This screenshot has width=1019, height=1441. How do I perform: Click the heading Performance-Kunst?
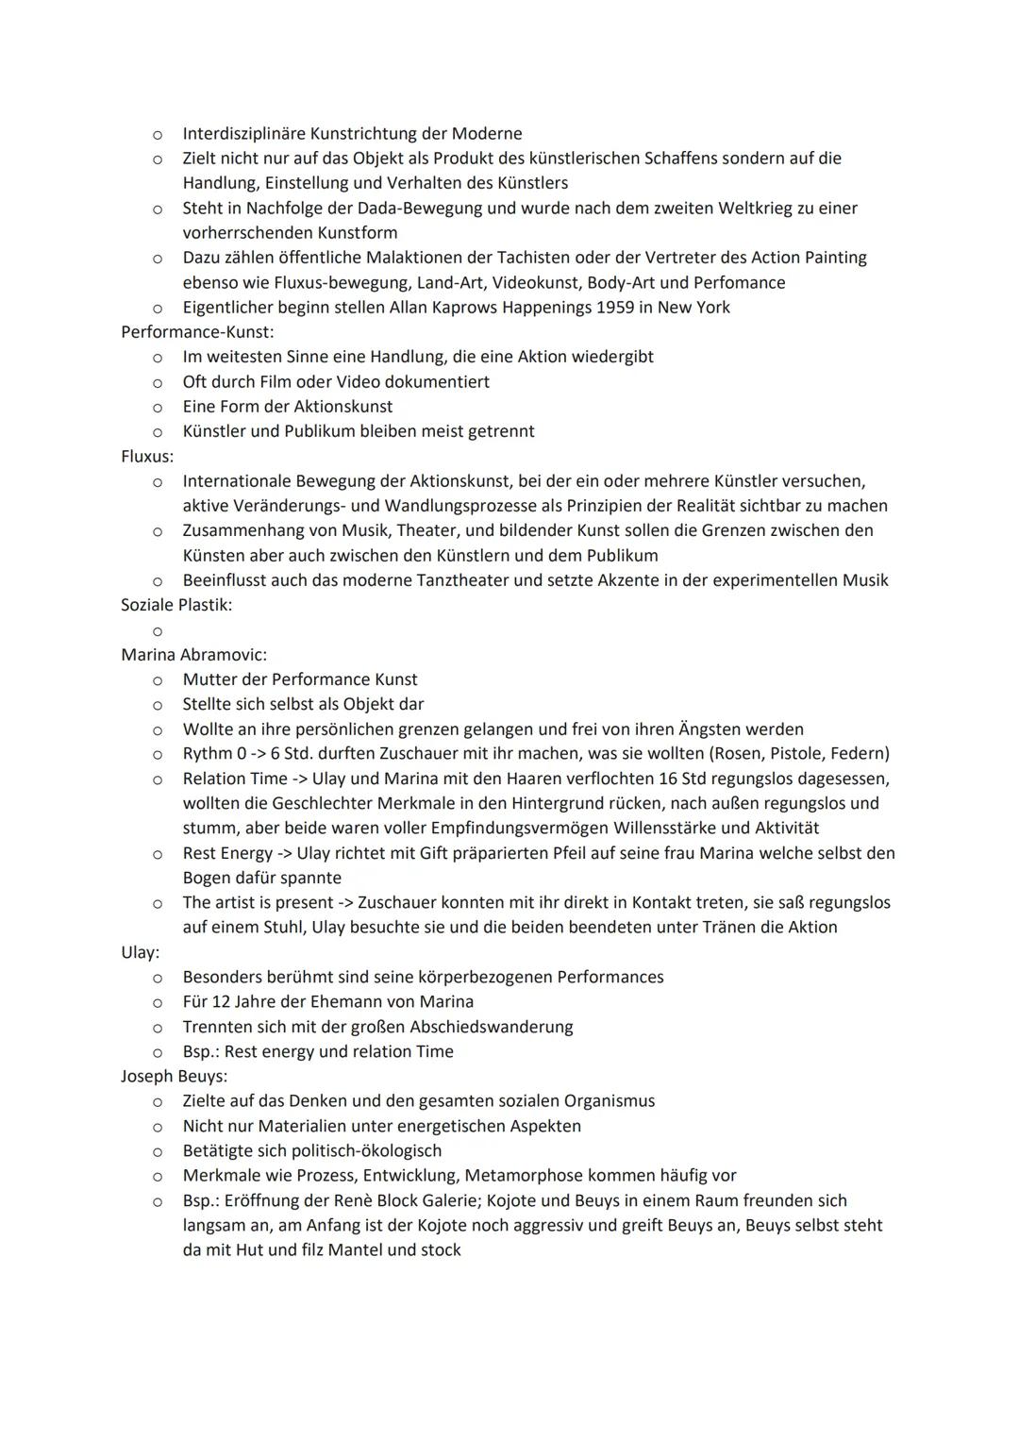(x=197, y=332)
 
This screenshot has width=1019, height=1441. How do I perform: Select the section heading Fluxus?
(x=147, y=456)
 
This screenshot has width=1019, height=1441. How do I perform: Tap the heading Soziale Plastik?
(x=176, y=605)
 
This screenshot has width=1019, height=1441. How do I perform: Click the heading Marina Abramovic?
(x=193, y=655)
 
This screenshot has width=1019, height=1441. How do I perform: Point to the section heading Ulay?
(x=140, y=952)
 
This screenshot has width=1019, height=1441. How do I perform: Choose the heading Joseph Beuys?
(x=174, y=1076)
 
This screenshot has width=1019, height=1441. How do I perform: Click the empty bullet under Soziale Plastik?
(x=158, y=630)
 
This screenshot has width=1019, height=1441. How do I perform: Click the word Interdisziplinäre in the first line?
(x=248, y=134)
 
